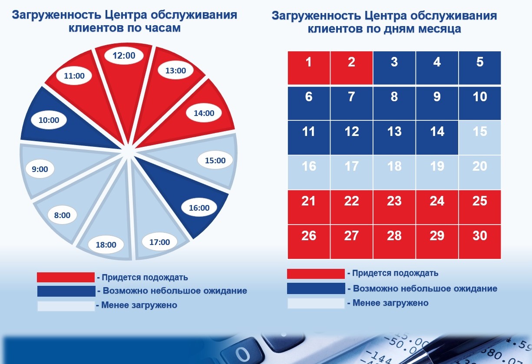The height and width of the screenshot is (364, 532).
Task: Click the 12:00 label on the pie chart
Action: click(124, 56)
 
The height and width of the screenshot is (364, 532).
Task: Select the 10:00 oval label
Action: click(49, 120)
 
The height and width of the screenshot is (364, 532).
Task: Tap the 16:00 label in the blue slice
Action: click(199, 208)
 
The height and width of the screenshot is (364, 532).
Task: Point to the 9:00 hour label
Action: click(40, 169)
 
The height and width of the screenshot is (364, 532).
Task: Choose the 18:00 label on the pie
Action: click(106, 245)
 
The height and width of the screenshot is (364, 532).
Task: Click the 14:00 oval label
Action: click(204, 113)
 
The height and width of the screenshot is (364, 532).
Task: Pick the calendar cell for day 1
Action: click(309, 68)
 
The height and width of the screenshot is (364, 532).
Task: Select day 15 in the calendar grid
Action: click(480, 138)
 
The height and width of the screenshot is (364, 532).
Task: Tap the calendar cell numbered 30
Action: click(480, 242)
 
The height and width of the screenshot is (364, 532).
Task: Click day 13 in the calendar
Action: click(394, 138)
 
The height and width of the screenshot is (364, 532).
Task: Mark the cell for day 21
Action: click(309, 207)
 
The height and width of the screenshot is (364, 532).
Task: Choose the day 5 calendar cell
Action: click(480, 68)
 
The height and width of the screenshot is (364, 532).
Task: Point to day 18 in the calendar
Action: click(394, 172)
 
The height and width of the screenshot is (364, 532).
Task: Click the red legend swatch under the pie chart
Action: click(66, 277)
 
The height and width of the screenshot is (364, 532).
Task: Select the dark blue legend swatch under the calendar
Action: click(316, 288)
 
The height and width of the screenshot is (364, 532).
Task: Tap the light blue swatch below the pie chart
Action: click(66, 306)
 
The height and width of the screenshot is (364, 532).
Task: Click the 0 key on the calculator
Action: click(242, 354)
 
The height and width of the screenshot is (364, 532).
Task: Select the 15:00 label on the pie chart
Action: click(215, 160)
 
